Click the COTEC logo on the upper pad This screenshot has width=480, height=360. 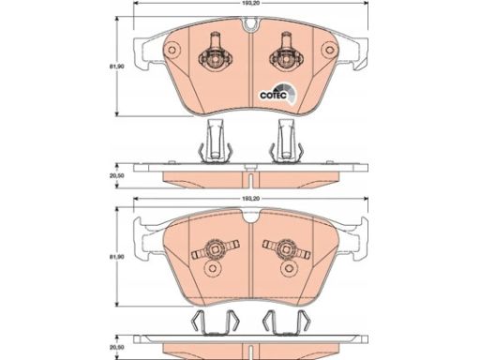pyautogui.click(x=277, y=94)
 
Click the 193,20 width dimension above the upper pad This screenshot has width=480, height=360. pyautogui.click(x=251, y=3)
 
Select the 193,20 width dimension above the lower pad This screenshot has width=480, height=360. pyautogui.click(x=251, y=199)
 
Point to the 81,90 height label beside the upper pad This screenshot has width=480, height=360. pyautogui.click(x=112, y=67)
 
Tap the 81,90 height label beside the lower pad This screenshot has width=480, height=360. pyautogui.click(x=112, y=257)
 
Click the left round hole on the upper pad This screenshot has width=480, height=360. pyautogui.click(x=172, y=50)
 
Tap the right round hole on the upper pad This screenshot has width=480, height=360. pyautogui.click(x=329, y=50)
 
